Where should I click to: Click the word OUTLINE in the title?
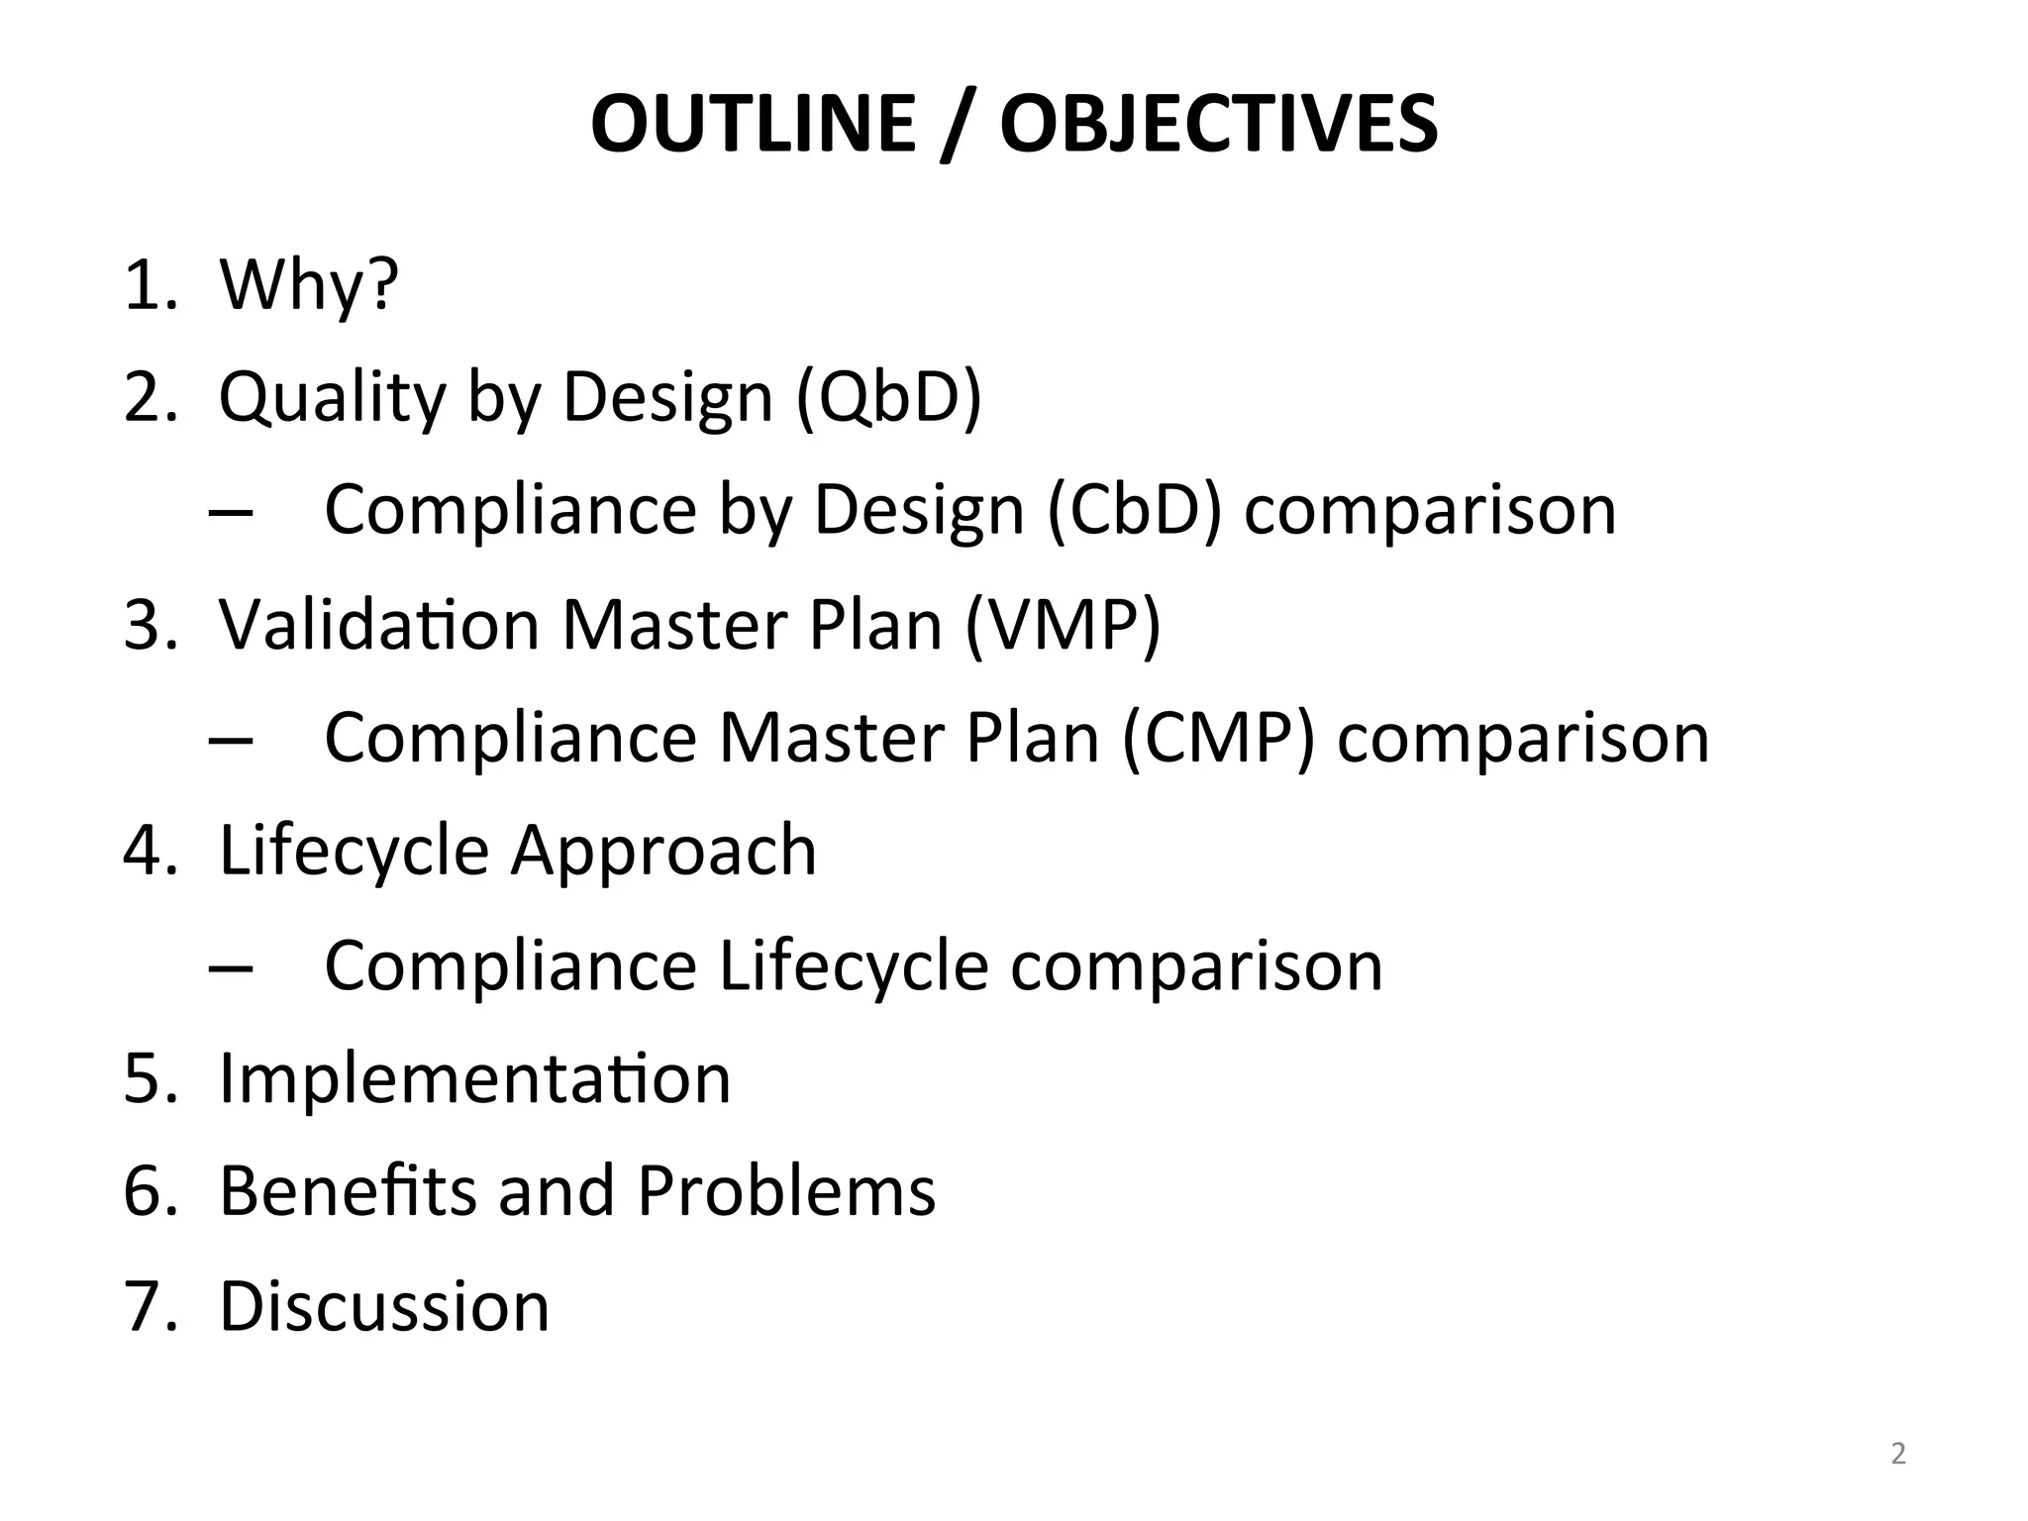click(x=753, y=124)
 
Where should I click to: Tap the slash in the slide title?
click(x=957, y=126)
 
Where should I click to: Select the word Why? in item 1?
click(x=308, y=285)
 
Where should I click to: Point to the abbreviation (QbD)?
click(x=888, y=397)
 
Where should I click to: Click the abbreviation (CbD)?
click(x=1134, y=510)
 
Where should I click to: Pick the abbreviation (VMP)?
click(x=1063, y=625)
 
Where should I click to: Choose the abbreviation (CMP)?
click(x=1219, y=738)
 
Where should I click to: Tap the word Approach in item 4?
click(x=663, y=851)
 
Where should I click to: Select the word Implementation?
click(x=474, y=1077)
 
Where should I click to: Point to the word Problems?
click(x=786, y=1190)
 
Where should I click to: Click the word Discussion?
click(x=383, y=1305)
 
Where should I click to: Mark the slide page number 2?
click(x=1898, y=1455)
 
